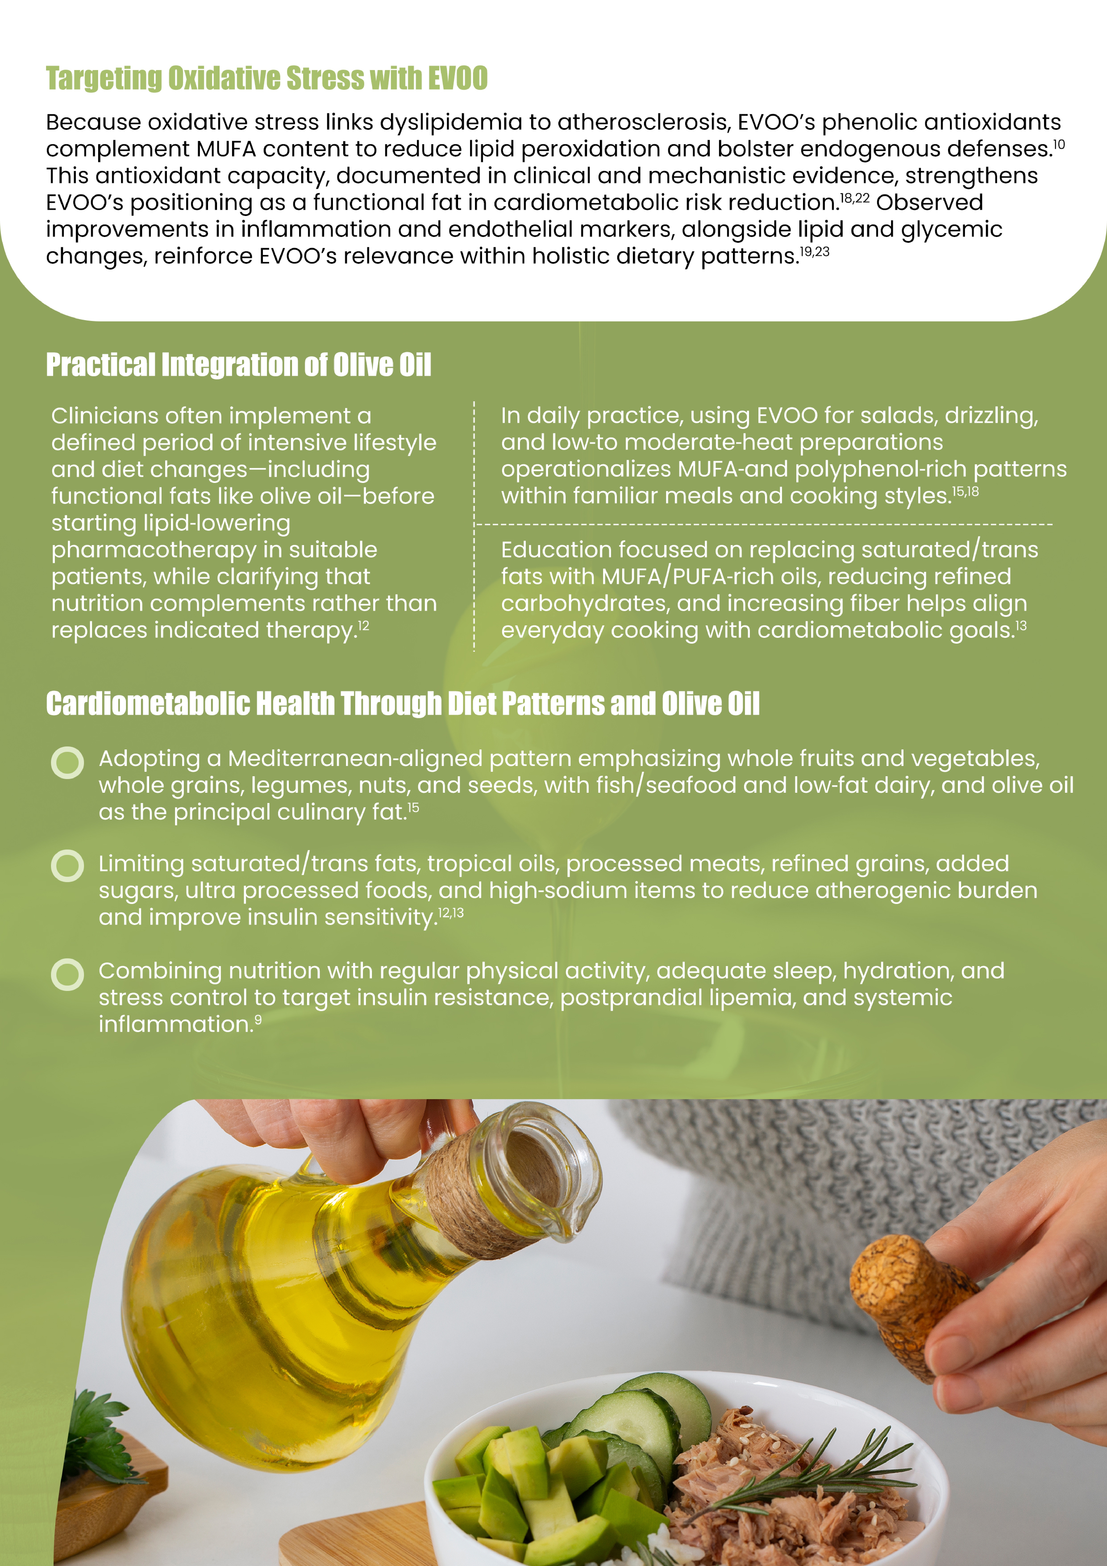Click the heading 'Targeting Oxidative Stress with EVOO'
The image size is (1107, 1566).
[267, 78]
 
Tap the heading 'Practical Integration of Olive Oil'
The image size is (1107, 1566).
[239, 365]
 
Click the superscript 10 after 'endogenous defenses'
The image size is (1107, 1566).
[1059, 145]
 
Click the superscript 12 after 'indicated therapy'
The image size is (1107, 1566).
[364, 625]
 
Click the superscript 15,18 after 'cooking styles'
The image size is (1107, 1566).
[965, 491]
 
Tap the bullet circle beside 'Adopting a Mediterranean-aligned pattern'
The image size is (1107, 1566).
[67, 763]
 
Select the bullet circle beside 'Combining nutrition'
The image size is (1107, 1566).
[67, 975]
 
